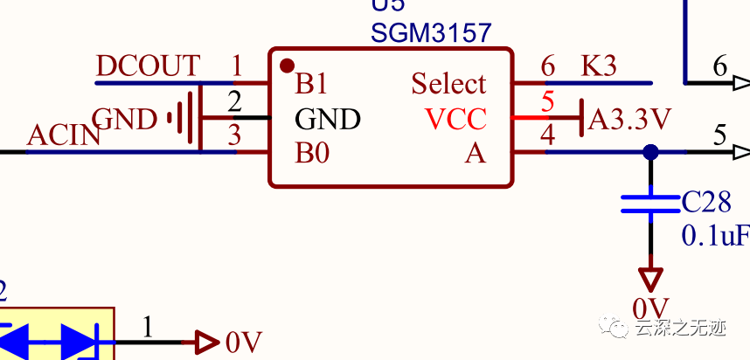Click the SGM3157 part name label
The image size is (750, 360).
point(431,33)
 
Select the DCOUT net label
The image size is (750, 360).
point(148,66)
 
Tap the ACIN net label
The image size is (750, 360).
point(64,135)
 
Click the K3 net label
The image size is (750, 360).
point(599,66)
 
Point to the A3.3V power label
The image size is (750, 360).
point(629,119)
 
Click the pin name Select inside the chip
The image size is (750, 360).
point(448,84)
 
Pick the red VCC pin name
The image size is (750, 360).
point(455,119)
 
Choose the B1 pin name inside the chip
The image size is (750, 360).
point(311,84)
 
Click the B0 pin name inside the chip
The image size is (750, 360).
point(312,154)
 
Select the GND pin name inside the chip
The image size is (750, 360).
point(327,119)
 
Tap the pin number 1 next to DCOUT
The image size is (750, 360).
point(236,66)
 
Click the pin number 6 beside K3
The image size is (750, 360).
point(548,66)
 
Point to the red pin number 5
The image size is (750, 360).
point(548,101)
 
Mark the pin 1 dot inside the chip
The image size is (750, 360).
point(286,66)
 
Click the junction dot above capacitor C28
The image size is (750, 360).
point(650,152)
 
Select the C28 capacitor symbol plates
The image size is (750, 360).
point(650,204)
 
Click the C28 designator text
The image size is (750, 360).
point(706,203)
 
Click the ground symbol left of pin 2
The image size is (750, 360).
point(183,118)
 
